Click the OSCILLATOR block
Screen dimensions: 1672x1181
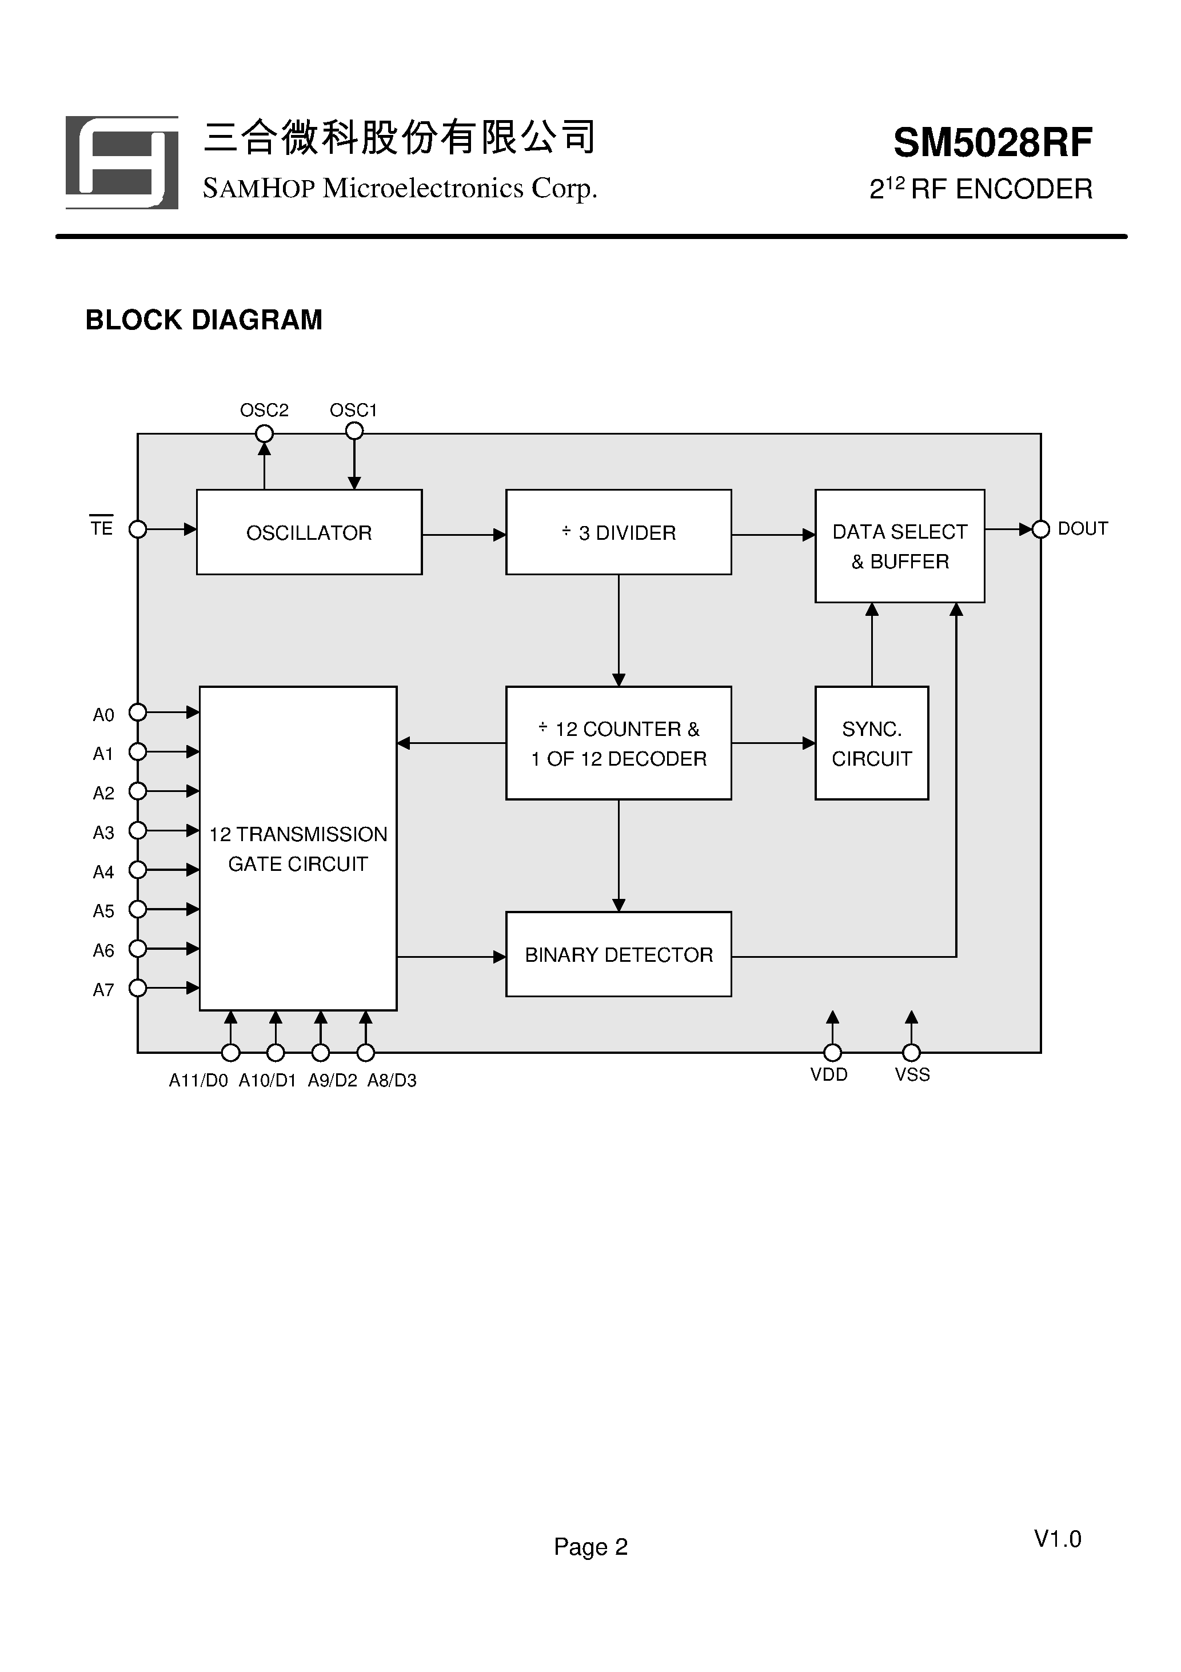click(309, 532)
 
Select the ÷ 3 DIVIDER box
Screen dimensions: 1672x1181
click(618, 532)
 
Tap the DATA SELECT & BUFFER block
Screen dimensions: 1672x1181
click(899, 546)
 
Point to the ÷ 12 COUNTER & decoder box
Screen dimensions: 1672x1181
click(618, 743)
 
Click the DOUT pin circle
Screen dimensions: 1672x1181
click(1040, 530)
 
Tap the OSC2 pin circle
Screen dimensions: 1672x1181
click(264, 434)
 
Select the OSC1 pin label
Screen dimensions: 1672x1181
click(353, 410)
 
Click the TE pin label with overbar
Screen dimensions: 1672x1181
click(101, 527)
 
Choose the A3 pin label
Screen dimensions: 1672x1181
click(103, 833)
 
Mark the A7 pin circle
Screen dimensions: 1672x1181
click(138, 988)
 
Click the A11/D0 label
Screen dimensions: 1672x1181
click(198, 1081)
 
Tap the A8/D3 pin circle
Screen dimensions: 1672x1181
click(365, 1052)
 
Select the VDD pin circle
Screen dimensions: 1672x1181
click(832, 1052)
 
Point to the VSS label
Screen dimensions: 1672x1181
click(912, 1075)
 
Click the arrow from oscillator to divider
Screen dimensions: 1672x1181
click(464, 535)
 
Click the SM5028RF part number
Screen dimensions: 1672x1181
click(992, 143)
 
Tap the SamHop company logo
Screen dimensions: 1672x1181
click(122, 162)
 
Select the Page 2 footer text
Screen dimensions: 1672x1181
click(590, 1546)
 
